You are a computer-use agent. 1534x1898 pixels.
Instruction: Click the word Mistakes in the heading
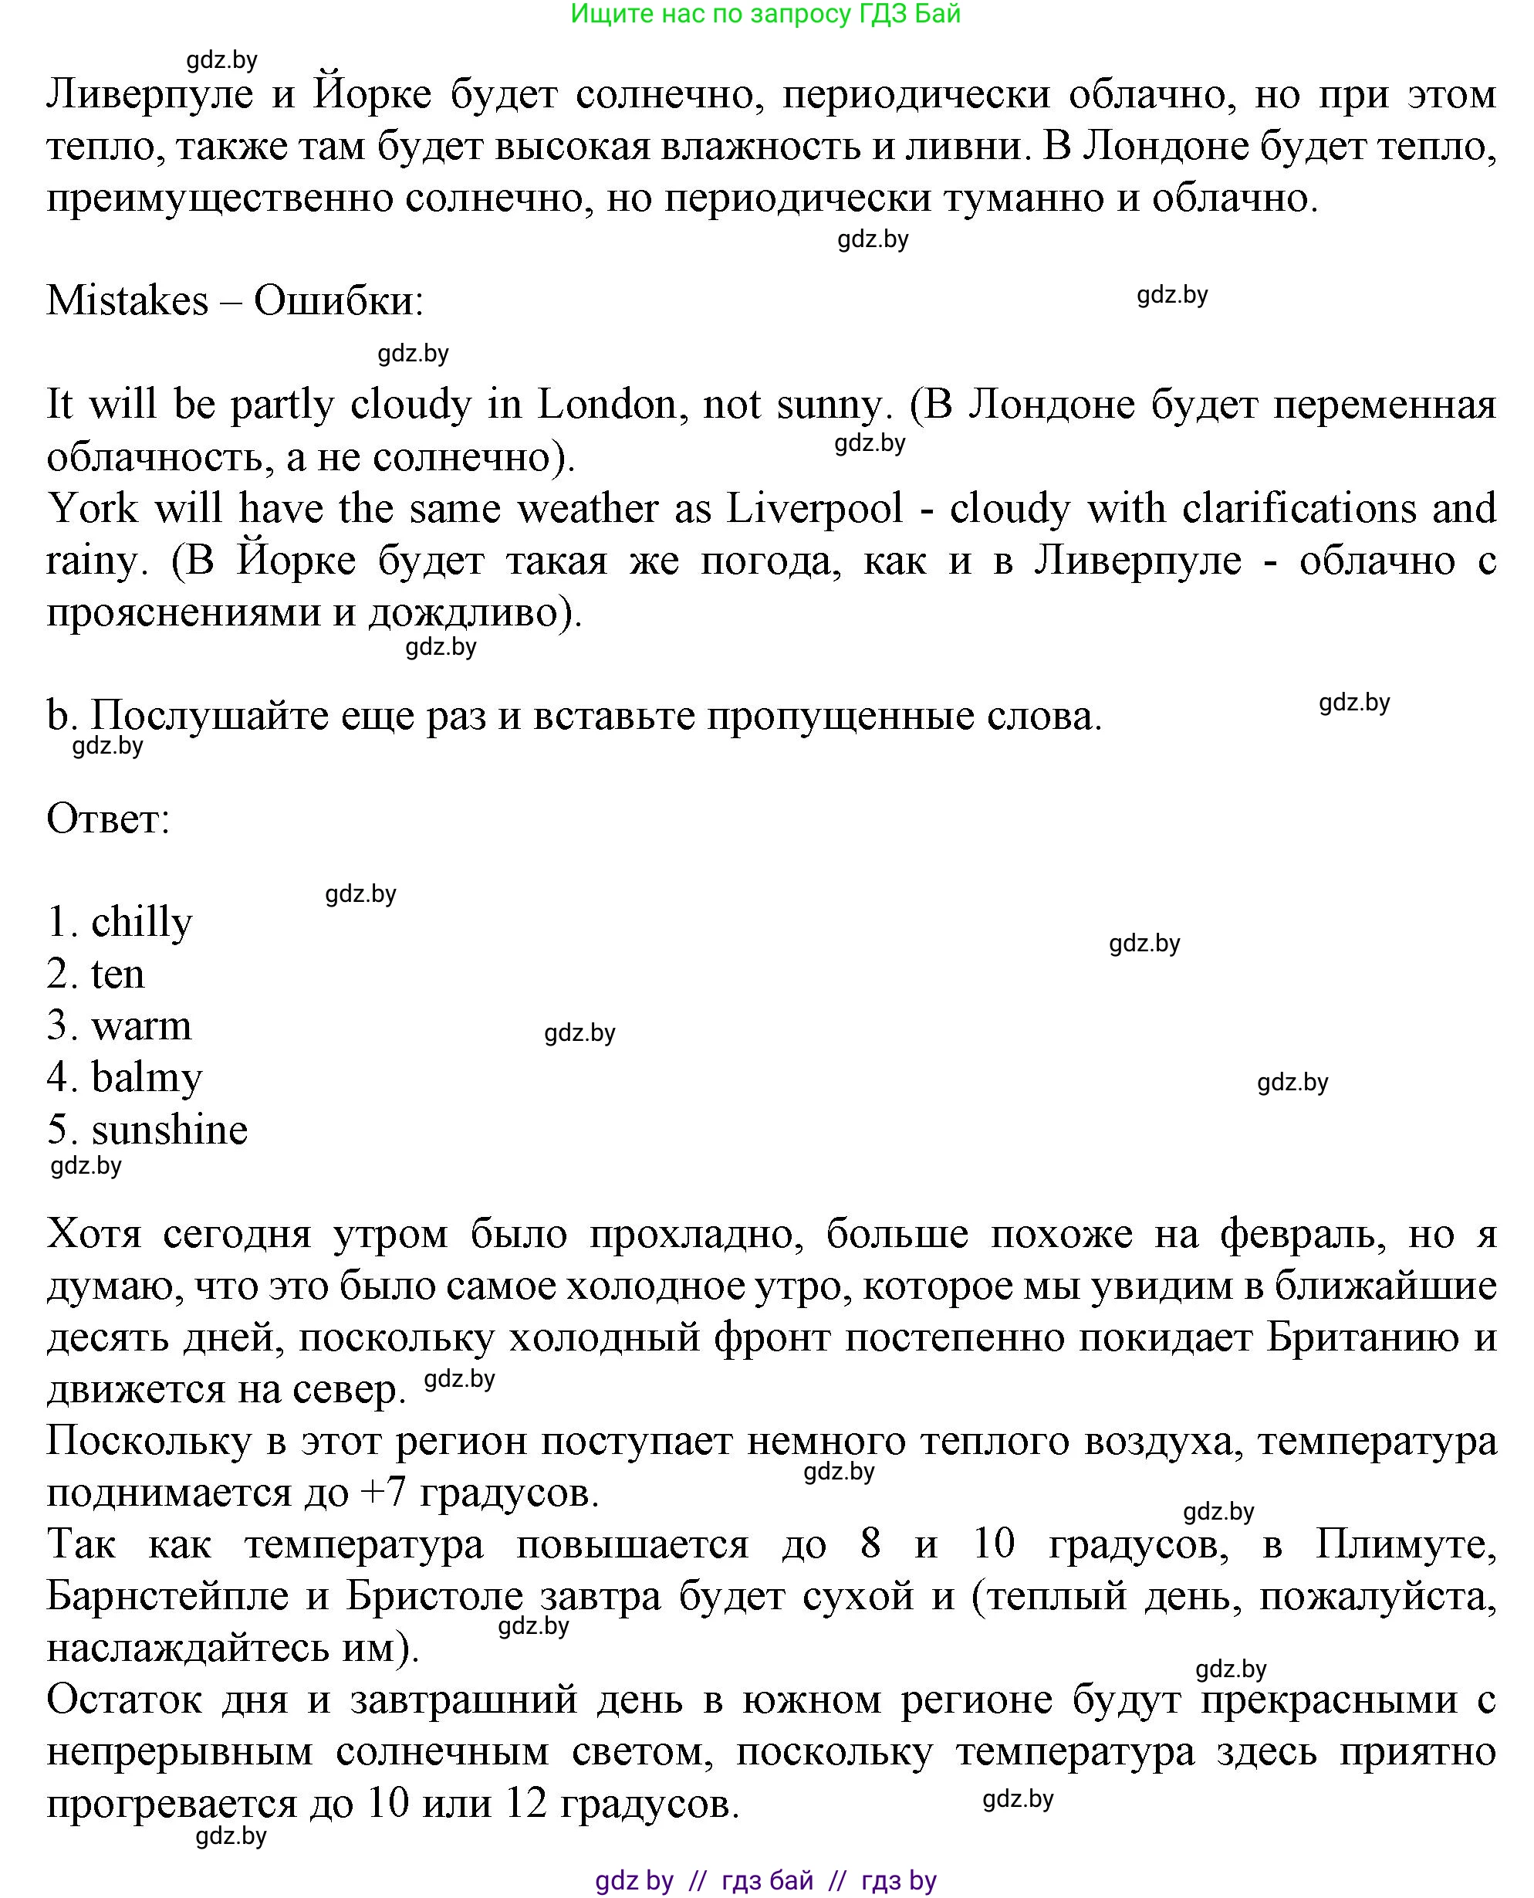127,301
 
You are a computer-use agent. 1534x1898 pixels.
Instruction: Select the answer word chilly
141,923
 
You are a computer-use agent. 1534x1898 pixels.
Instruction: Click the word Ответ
108,819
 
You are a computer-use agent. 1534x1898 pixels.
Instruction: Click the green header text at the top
765,14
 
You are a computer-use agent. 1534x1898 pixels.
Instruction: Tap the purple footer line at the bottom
765,1879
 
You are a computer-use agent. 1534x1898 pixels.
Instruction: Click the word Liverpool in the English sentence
815,509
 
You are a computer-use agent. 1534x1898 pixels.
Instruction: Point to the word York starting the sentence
92,509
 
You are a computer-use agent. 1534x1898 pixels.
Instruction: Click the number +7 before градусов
383,1494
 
